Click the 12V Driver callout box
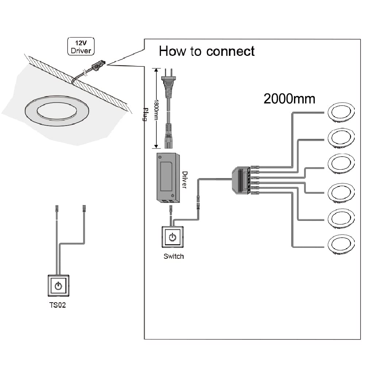click(x=81, y=46)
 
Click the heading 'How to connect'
click(x=207, y=51)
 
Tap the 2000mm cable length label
click(x=289, y=99)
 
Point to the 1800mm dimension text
click(x=156, y=109)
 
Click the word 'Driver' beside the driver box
click(x=184, y=180)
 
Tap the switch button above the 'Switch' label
click(x=173, y=238)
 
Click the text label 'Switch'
click(x=173, y=256)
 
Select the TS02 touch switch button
click(x=58, y=285)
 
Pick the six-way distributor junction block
click(x=241, y=180)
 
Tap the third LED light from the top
click(x=341, y=163)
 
